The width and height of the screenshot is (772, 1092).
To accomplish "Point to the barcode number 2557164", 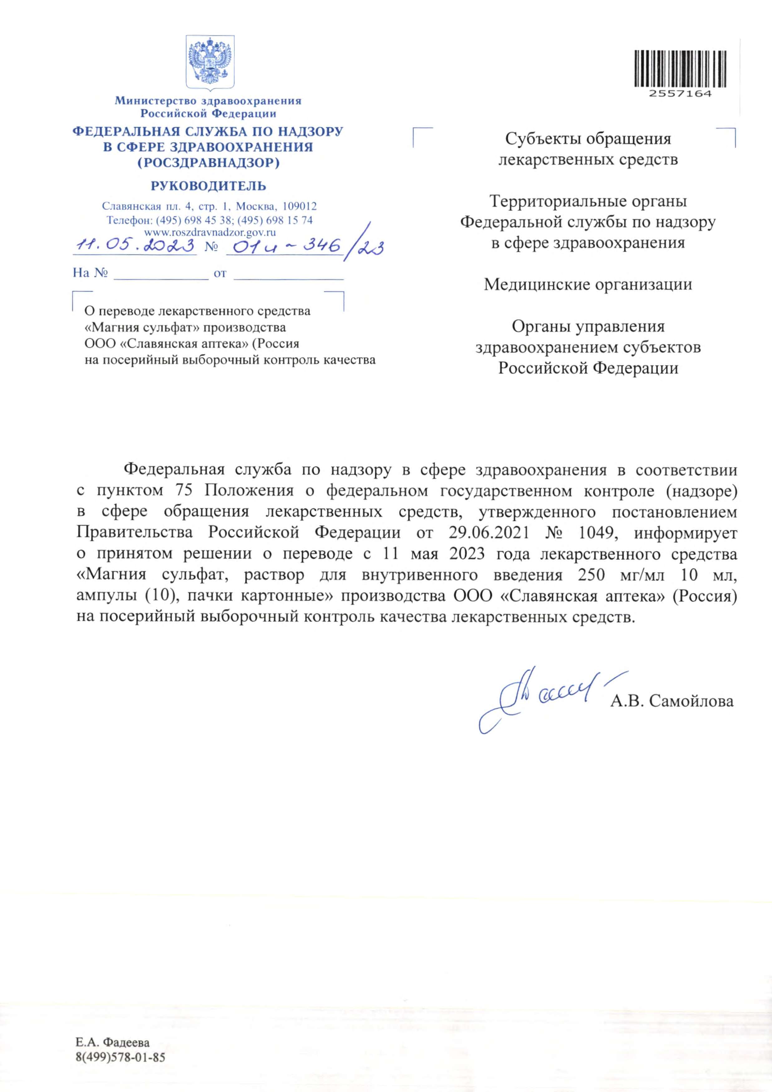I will click(680, 94).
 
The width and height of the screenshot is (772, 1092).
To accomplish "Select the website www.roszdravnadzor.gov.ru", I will click(210, 233).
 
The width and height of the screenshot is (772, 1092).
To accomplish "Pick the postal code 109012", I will click(300, 206).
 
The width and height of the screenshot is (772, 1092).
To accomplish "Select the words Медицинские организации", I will click(588, 284).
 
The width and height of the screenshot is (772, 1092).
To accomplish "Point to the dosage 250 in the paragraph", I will click(591, 575).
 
